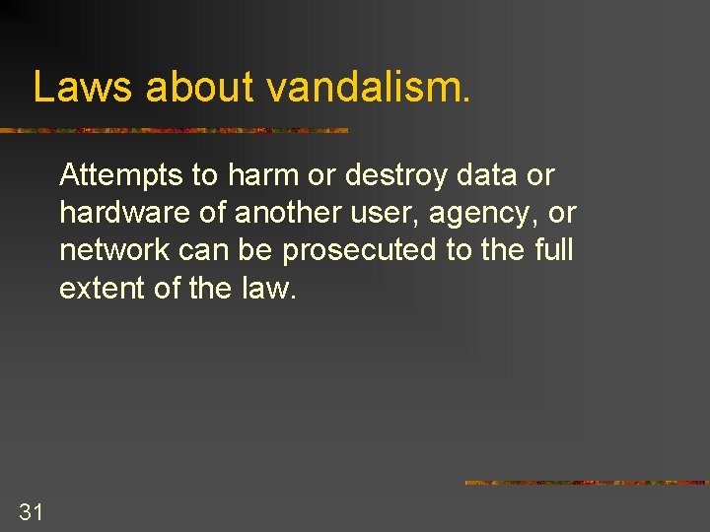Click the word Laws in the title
point(83,87)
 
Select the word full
point(553,249)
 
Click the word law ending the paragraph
point(267,288)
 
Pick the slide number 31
point(31,510)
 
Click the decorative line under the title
point(174,130)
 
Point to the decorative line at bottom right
point(586,483)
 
